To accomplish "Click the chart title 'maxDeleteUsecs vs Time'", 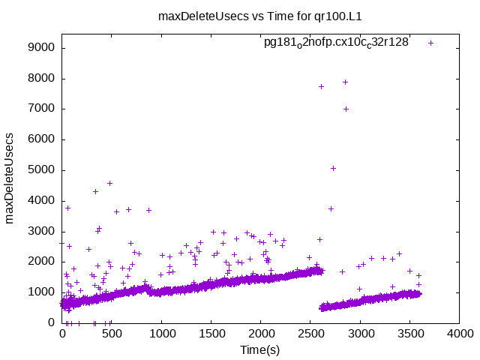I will (x=239, y=16).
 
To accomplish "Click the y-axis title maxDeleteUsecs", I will (x=10, y=178).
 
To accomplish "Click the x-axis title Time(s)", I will (x=260, y=349).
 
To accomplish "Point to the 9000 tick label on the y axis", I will (x=41, y=48).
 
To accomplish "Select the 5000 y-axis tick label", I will (x=41, y=170).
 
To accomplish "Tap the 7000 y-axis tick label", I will (x=41, y=109).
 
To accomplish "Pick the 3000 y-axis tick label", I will (x=41, y=231).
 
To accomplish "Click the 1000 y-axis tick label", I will (x=41, y=292).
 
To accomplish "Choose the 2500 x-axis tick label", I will (x=310, y=334).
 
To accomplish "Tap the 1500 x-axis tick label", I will (x=211, y=334).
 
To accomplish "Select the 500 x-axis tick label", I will (x=112, y=334).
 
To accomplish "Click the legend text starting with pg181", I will (x=336, y=43).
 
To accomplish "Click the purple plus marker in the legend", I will (x=430, y=43).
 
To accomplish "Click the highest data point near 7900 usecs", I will (x=345, y=82).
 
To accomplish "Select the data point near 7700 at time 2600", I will (x=321, y=86).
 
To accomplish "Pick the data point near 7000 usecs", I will (x=346, y=109).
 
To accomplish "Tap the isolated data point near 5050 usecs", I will (x=333, y=168).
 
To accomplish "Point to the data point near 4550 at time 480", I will (x=109, y=183).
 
